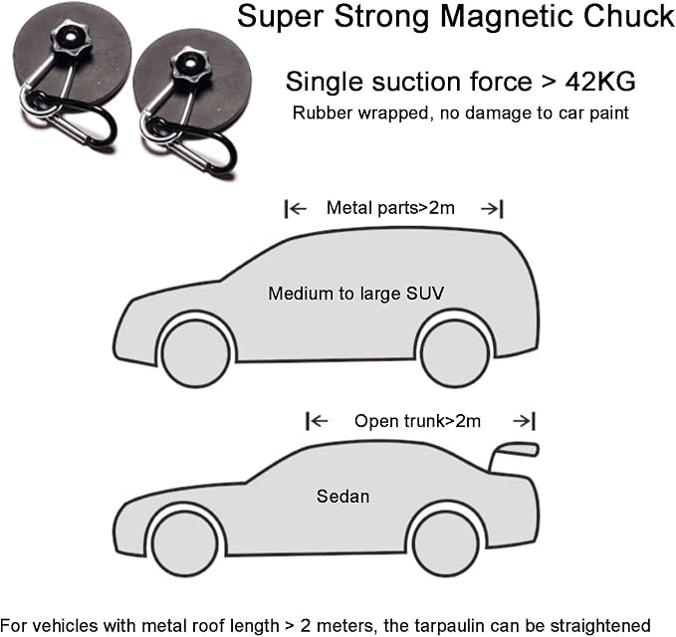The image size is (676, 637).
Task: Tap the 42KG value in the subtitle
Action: pos(600,82)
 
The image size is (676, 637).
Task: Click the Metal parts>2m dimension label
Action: pos(390,208)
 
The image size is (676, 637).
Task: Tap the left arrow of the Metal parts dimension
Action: pos(296,209)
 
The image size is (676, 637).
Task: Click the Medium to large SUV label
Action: pos(356,294)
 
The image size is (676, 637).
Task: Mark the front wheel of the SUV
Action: pos(196,353)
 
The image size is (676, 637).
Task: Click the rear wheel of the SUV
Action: pos(455,353)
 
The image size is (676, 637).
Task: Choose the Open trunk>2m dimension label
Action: pos(417,421)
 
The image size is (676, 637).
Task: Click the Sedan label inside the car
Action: pos(343,497)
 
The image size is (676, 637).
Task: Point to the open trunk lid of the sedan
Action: pos(514,454)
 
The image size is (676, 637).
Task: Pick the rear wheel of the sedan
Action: pos(446,543)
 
